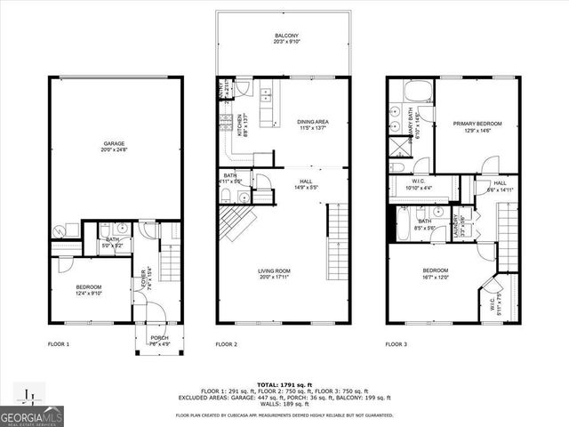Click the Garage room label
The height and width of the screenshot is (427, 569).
(x=113, y=147)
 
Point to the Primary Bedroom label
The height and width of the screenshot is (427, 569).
(x=477, y=126)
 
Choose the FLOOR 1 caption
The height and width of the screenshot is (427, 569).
(x=58, y=343)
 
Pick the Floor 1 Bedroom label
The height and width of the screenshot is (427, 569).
(x=88, y=289)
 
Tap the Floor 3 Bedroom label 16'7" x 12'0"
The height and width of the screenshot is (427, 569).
(x=435, y=273)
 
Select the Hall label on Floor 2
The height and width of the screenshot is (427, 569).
(x=305, y=184)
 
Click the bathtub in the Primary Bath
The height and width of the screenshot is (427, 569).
(x=416, y=91)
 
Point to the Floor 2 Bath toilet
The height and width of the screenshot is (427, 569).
(x=226, y=196)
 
